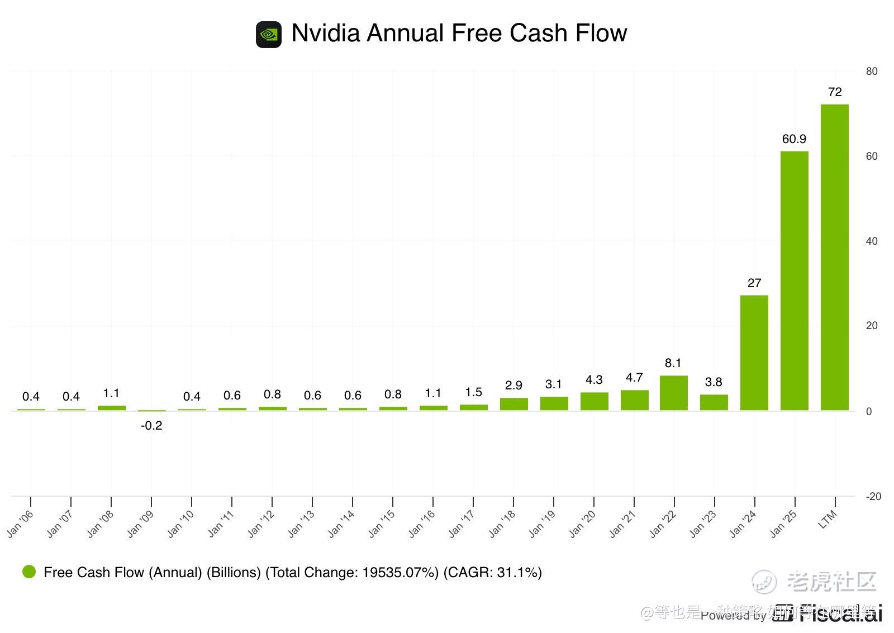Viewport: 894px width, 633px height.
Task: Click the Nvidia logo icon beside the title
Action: pos(269,35)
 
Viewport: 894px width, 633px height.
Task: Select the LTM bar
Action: pos(834,257)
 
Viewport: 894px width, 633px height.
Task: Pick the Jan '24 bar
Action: pos(754,353)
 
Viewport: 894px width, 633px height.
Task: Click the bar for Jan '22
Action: pos(673,393)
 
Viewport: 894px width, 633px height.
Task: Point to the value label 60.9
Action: pos(794,139)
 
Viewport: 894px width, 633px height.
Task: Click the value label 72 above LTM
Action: pos(834,92)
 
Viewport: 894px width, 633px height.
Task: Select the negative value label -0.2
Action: pos(151,426)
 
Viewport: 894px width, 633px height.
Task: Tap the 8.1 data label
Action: pos(673,363)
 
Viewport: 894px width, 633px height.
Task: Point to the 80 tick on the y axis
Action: pos(872,72)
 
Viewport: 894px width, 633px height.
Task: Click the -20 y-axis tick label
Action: pos(873,497)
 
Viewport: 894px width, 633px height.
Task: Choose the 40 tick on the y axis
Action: pos(872,241)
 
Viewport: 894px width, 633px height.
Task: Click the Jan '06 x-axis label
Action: pos(21,524)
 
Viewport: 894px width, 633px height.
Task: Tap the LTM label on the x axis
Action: pos(828,520)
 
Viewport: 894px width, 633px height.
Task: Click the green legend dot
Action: pos(28,572)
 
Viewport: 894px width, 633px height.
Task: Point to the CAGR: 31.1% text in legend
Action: pos(492,573)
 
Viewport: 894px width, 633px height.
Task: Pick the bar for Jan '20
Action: pos(594,401)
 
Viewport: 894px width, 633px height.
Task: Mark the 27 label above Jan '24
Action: pos(754,283)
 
